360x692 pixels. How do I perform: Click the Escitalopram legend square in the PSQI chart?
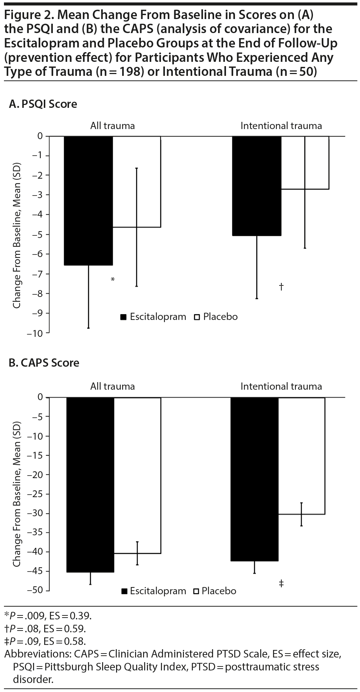coord(124,317)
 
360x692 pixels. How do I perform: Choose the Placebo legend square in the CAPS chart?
coord(197,591)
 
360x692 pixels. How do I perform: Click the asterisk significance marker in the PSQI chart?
coord(113,279)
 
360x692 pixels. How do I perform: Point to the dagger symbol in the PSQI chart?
coord(281,287)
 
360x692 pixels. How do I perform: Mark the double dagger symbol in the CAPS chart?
coord(281,583)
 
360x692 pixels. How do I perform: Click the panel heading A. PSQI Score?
coord(43,104)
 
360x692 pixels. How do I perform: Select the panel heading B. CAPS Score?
coord(44,363)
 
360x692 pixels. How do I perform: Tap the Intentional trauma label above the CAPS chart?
coord(281,386)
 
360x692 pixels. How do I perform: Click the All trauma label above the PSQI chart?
coord(112,126)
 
